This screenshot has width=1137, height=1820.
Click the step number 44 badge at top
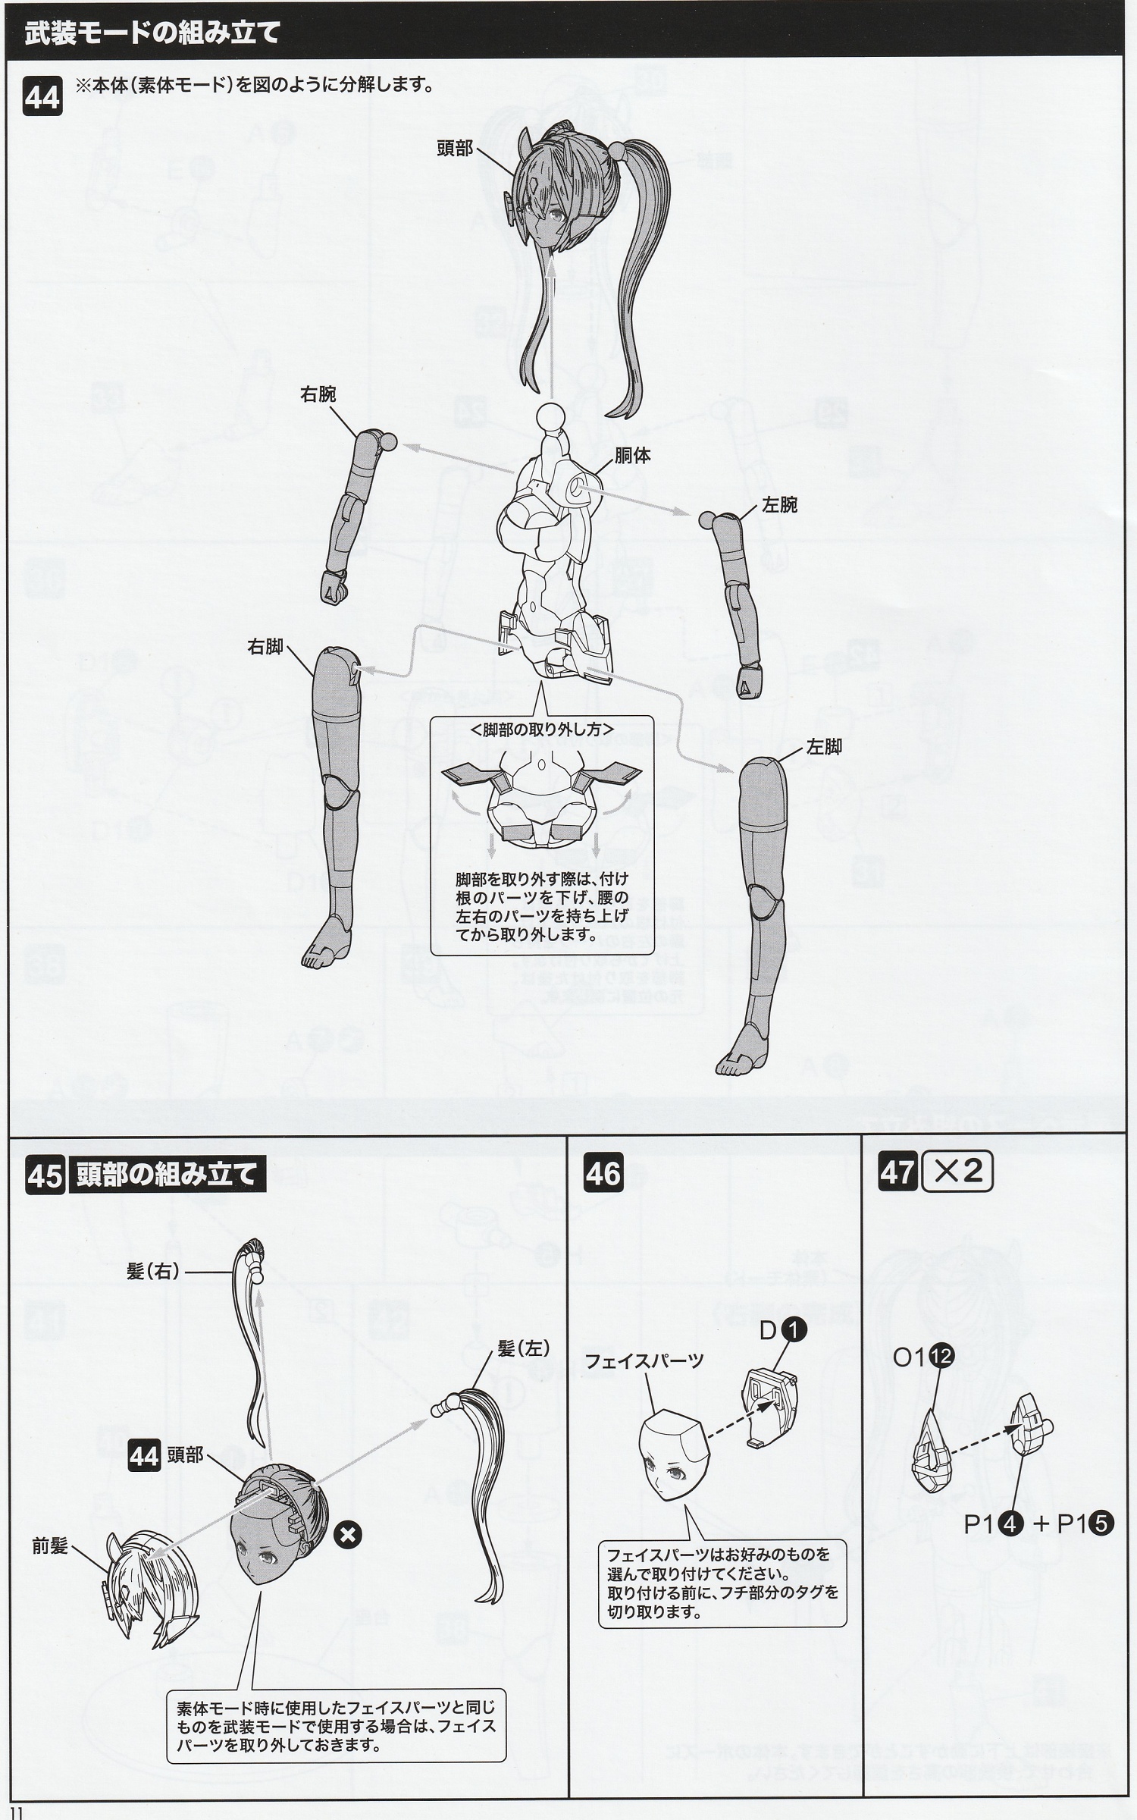click(x=42, y=99)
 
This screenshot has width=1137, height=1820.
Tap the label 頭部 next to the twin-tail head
click(x=455, y=149)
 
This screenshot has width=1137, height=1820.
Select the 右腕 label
click(x=318, y=394)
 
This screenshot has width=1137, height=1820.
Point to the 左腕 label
click(x=779, y=505)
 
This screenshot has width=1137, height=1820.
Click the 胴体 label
click(x=633, y=456)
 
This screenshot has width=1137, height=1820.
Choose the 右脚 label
click(x=265, y=647)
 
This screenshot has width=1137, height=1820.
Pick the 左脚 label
click(x=824, y=747)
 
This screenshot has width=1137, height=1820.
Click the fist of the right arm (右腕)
click(x=334, y=586)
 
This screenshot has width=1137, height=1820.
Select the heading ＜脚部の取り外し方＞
click(x=542, y=729)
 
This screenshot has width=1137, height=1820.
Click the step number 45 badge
click(x=45, y=1175)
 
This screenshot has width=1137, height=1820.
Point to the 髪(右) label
click(x=154, y=1272)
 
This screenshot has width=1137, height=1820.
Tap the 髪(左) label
click(x=523, y=1348)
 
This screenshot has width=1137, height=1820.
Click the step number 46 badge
click(x=603, y=1175)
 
